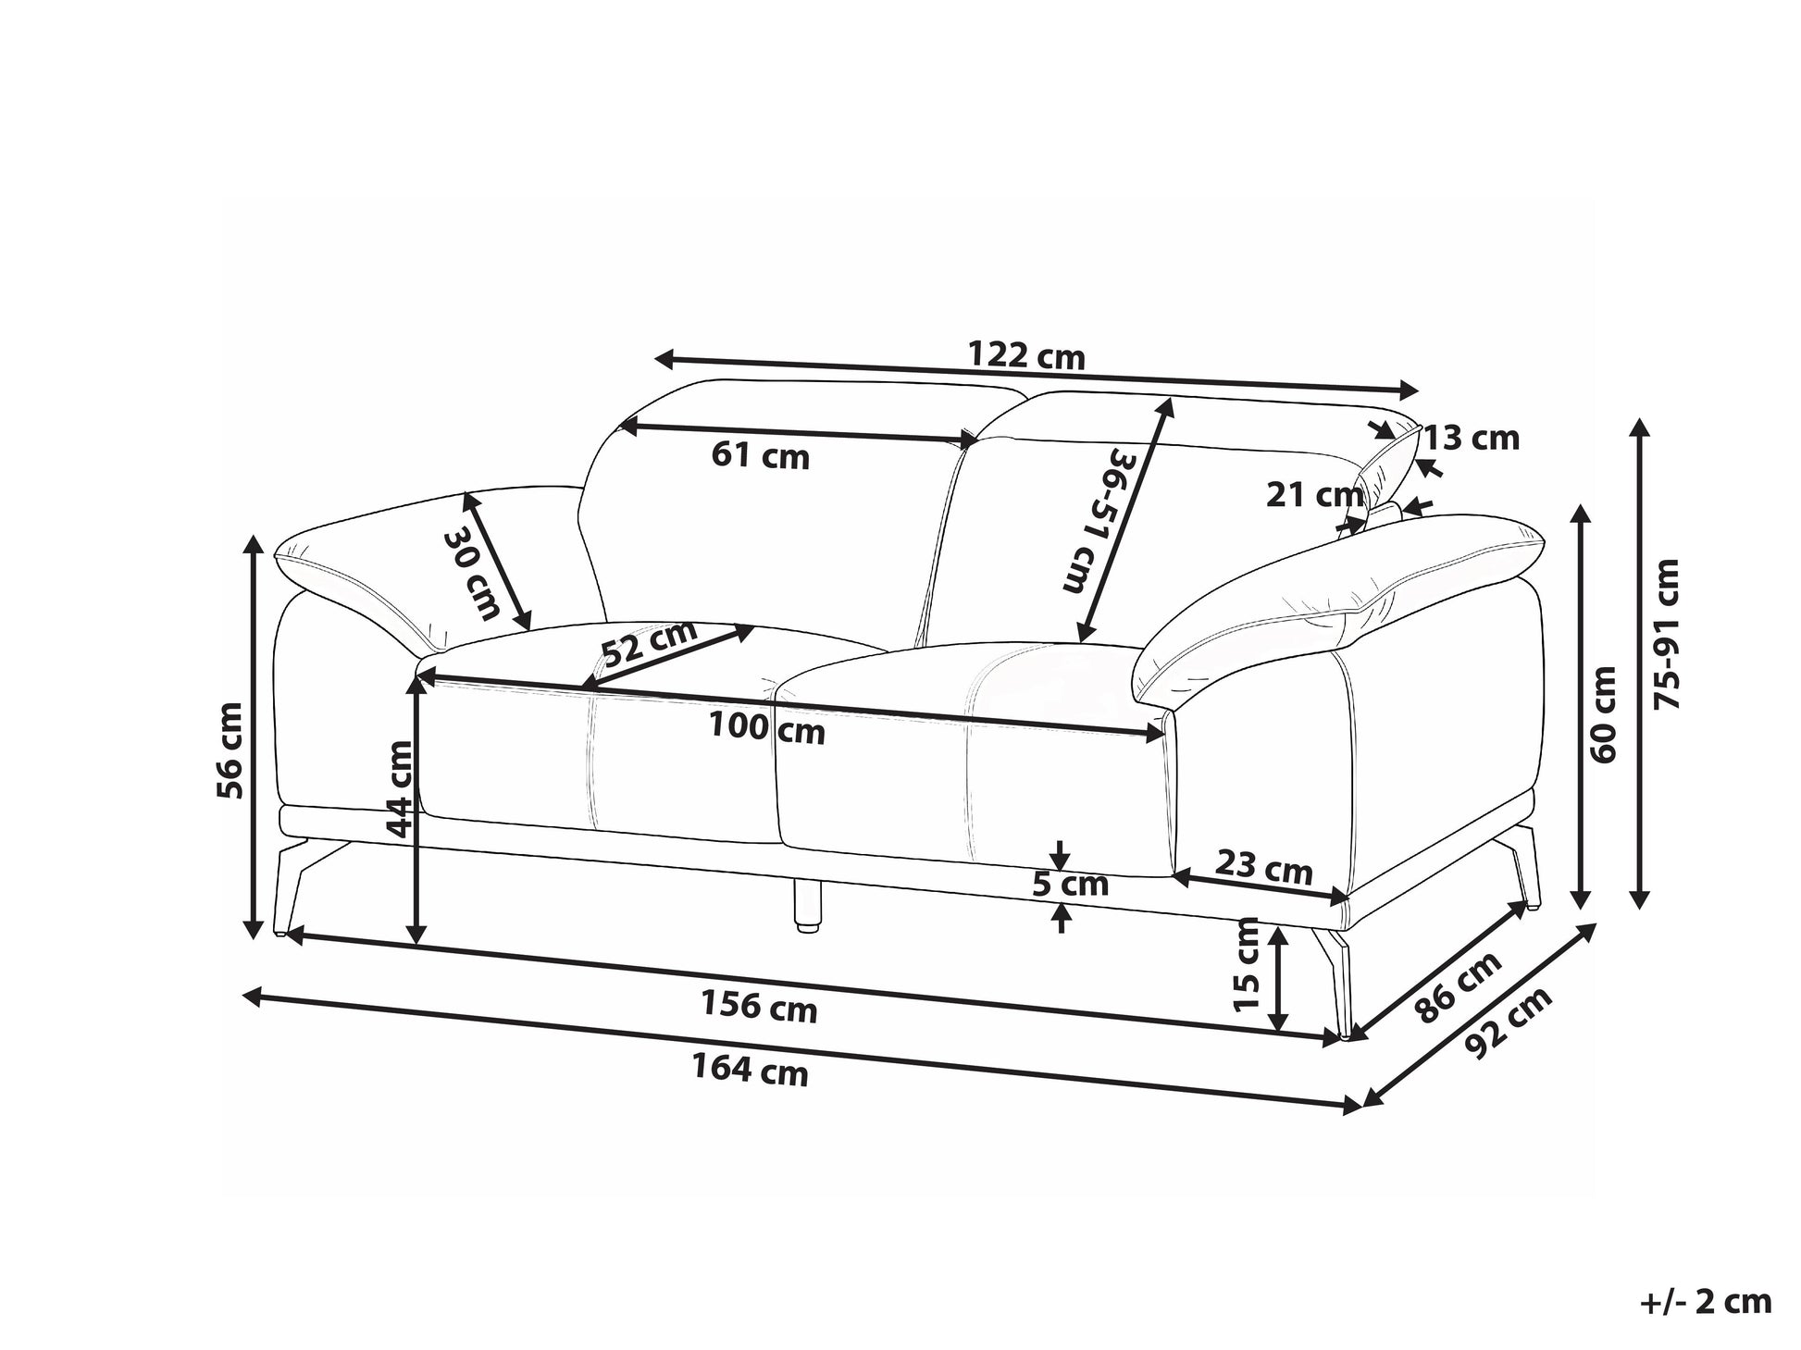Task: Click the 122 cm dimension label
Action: point(1025,355)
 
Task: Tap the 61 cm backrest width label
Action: point(761,455)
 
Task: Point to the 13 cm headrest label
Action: point(1471,438)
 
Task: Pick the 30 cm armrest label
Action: point(473,574)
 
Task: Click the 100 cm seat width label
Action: point(767,728)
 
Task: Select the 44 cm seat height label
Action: point(401,787)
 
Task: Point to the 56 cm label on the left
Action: point(228,750)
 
